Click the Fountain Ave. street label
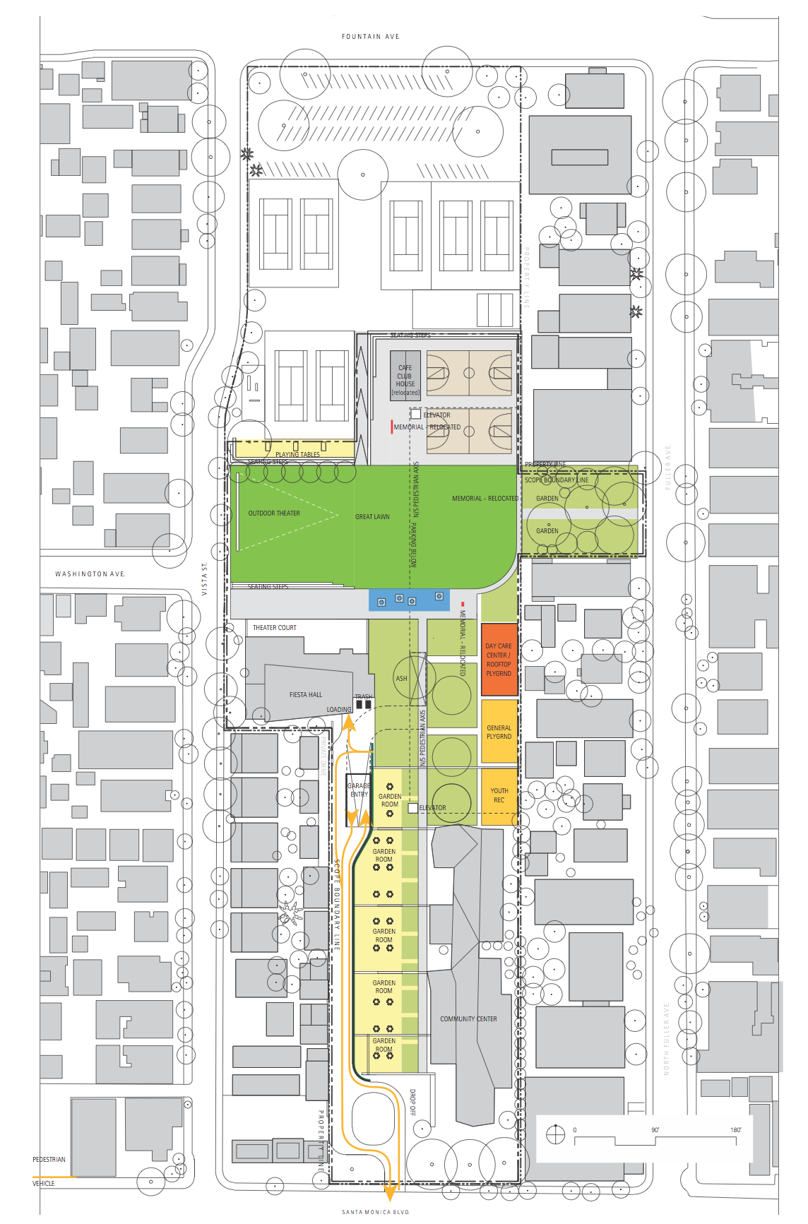pyautogui.click(x=371, y=36)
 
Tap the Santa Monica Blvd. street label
pyautogui.click(x=375, y=1212)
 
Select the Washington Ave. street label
pyautogui.click(x=90, y=574)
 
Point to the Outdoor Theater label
pyautogui.click(x=274, y=513)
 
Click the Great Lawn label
pyautogui.click(x=372, y=517)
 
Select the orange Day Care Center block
pyautogui.click(x=499, y=660)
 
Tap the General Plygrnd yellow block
pyautogui.click(x=499, y=732)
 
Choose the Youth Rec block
pyautogui.click(x=499, y=795)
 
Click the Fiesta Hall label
pyautogui.click(x=305, y=695)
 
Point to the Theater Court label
pyautogui.click(x=275, y=627)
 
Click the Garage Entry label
pyautogui.click(x=359, y=790)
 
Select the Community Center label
pyautogui.click(x=468, y=1019)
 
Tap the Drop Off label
pyautogui.click(x=412, y=1103)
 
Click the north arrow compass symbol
pyautogui.click(x=556, y=1134)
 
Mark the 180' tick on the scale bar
pyautogui.click(x=735, y=1130)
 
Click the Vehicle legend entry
pyautogui.click(x=44, y=1183)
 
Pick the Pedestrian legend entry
pyautogui.click(x=49, y=1159)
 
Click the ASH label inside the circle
pyautogui.click(x=401, y=679)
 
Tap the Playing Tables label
pyautogui.click(x=297, y=455)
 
